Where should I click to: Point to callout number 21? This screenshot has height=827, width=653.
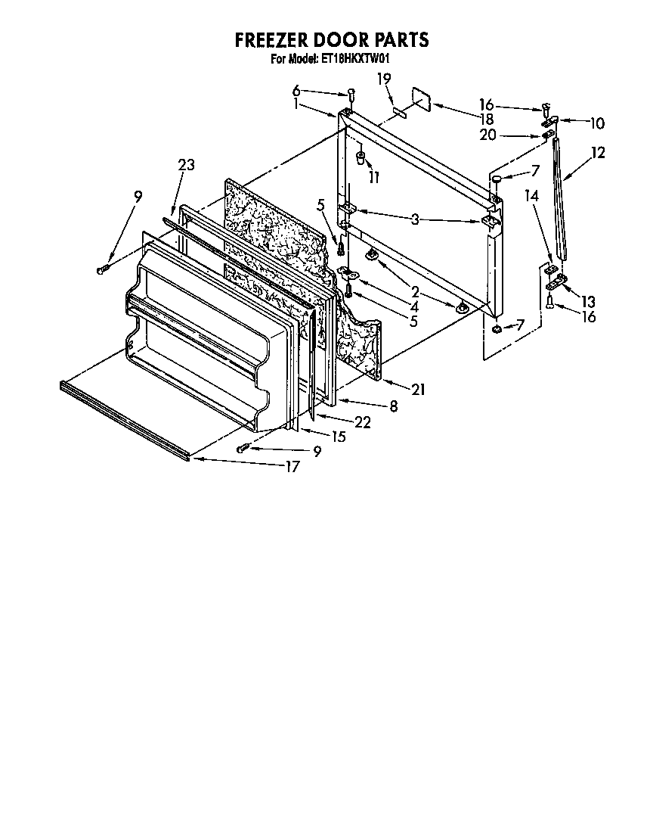coord(418,389)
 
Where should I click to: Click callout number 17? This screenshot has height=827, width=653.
coord(291,466)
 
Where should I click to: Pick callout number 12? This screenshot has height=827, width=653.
coord(598,153)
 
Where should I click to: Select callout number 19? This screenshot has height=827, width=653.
coord(384,78)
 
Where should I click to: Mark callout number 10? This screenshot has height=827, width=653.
coord(597,123)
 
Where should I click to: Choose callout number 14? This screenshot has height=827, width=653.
coord(532,195)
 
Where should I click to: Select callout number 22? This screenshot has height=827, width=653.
coord(362,422)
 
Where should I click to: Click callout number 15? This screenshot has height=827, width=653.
coord(338,436)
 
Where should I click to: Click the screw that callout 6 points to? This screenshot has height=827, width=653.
coord(351,94)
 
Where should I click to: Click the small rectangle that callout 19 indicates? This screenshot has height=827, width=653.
coord(399,112)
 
